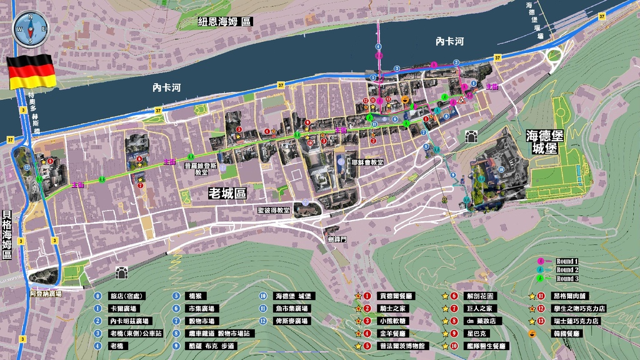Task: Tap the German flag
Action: point(31,71)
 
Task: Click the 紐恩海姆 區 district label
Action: point(225,21)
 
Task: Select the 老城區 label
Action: point(227,194)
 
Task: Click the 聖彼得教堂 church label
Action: point(274,211)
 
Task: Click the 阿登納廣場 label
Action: point(45,293)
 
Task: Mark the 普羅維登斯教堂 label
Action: point(201,169)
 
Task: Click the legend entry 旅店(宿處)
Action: point(125,296)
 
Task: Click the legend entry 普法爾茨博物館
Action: point(402,346)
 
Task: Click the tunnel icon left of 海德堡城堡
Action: point(471,136)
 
